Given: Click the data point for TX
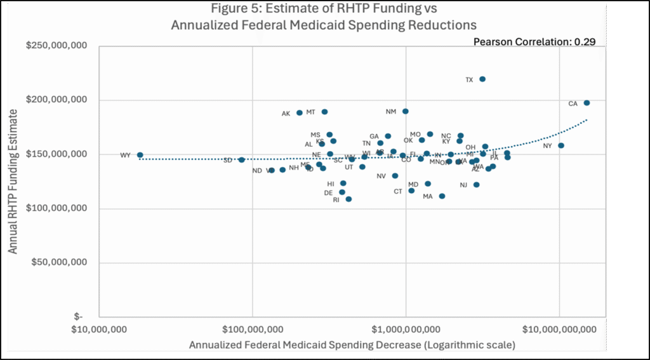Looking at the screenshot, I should tap(482, 79).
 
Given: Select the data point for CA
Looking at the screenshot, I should tap(587, 103).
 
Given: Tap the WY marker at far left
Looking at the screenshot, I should tap(140, 155).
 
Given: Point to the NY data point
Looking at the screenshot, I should tap(561, 145).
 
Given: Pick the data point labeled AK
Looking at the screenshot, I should tap(300, 113).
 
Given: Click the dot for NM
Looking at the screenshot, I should tap(406, 111).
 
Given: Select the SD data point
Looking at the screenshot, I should tap(241, 160).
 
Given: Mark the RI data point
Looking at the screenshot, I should tap(348, 199).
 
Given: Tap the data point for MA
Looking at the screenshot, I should tap(442, 196).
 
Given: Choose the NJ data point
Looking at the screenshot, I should tap(477, 185).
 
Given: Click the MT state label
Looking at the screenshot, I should tap(310, 112).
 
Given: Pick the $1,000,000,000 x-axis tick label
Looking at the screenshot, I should tap(406, 330).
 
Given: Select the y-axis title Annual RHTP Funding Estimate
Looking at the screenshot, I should tap(13, 181).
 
